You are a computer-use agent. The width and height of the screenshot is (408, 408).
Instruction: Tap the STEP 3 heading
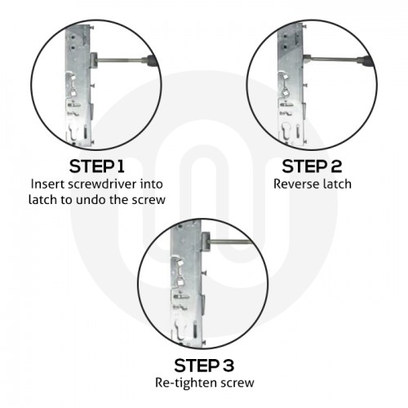pyautogui.click(x=204, y=363)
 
